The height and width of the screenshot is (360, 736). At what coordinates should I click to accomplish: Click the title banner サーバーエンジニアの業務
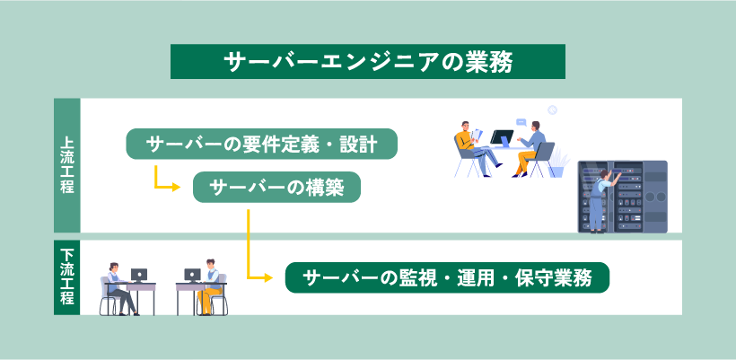point(368,61)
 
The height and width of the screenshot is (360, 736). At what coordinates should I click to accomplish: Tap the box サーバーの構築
point(277,187)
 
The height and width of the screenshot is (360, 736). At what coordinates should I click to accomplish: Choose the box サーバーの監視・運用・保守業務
point(447,277)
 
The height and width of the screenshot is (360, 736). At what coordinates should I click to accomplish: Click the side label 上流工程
point(67,165)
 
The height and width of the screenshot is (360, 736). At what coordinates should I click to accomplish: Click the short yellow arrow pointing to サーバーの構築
point(167,182)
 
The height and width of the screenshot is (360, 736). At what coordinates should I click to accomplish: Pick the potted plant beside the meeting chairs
point(559,162)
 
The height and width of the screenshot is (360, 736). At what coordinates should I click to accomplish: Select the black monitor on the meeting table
point(501,139)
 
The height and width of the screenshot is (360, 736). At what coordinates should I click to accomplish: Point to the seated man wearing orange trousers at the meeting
point(532,149)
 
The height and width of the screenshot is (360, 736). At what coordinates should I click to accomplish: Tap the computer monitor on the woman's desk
point(138,275)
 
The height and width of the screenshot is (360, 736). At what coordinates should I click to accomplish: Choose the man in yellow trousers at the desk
point(210,287)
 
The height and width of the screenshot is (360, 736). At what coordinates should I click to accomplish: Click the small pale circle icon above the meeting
point(552,110)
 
